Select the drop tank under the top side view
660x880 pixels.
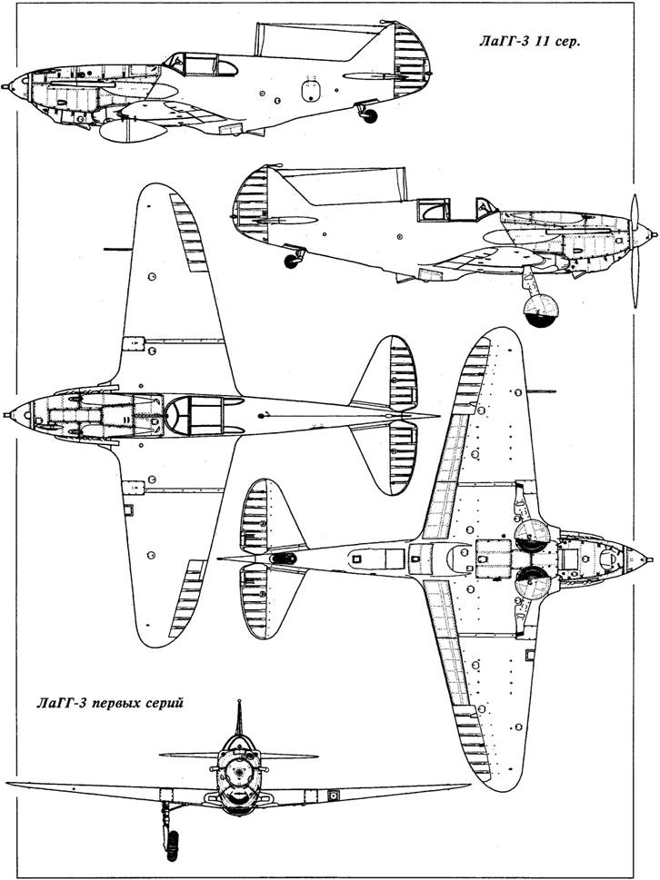pos(132,131)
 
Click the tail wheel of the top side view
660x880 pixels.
pos(369,115)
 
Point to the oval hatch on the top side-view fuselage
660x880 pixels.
pos(311,91)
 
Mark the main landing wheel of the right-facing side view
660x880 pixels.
pos(541,311)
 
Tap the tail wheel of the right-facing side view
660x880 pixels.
pos(292,261)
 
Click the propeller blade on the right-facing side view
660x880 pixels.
pos(635,251)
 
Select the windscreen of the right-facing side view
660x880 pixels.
pos(485,208)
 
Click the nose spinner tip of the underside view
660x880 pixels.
pos(650,559)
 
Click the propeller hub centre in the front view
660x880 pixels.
pos(241,773)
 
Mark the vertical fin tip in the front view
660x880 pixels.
pos(239,702)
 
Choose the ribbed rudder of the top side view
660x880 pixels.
pos(412,59)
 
